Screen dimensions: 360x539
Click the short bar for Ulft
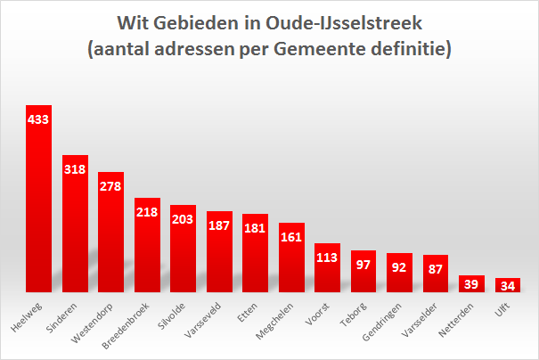point(508,284)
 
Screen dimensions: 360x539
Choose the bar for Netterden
point(471,283)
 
